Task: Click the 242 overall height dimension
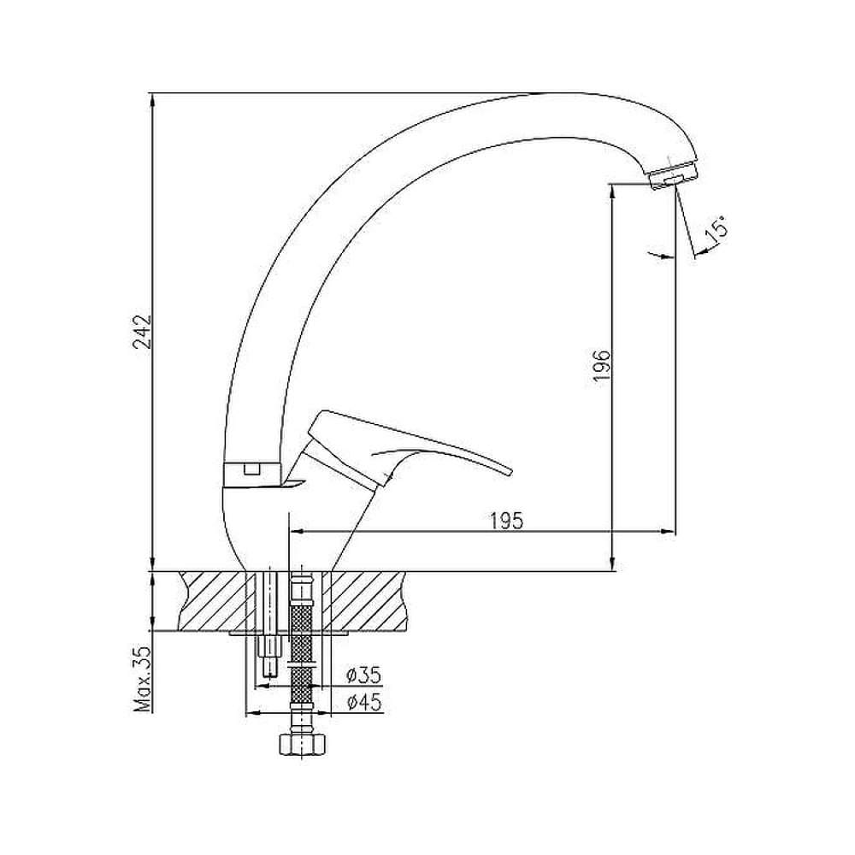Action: point(143,331)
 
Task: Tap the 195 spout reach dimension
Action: point(505,521)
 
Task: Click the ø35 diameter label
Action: point(363,675)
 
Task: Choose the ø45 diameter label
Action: point(363,702)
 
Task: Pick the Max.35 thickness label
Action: point(143,680)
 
